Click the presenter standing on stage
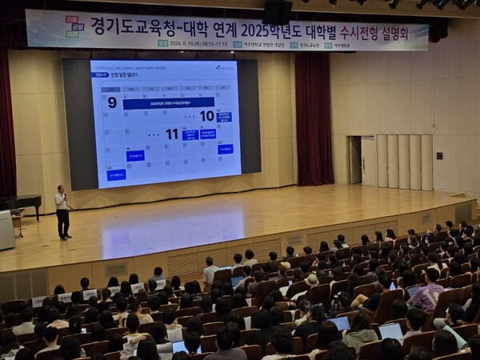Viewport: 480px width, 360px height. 62,212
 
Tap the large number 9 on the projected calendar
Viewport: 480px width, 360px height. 112,102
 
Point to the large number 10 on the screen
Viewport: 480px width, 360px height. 206,116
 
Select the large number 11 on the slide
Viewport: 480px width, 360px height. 172,134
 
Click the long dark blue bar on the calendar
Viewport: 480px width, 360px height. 168,103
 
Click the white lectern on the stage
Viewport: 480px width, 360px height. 6,230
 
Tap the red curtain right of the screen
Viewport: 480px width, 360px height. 314,120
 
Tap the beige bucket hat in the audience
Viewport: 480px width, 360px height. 311,280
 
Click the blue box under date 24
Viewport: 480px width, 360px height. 116,174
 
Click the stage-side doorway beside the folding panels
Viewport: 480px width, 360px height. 355,160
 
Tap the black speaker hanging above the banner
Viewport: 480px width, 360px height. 277,11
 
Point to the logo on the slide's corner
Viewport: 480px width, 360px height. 225,67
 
